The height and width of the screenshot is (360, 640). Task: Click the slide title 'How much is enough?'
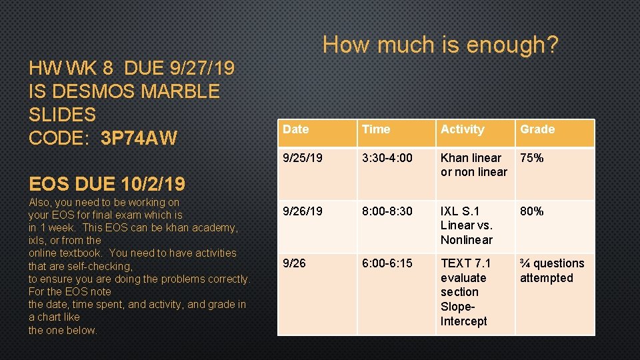point(440,45)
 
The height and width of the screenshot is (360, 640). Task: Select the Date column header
point(295,129)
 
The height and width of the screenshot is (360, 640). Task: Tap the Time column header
point(375,129)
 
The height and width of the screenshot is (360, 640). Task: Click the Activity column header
point(462,129)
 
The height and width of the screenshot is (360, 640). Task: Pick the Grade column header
point(537,129)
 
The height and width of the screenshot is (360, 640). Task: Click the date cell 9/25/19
point(303,158)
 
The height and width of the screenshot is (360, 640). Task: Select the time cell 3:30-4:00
point(387,158)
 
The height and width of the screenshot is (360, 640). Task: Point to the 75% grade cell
point(532,158)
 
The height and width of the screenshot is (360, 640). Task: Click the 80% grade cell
point(532,211)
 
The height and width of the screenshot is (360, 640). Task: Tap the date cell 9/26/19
point(303,211)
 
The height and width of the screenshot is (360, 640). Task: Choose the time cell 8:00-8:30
point(387,211)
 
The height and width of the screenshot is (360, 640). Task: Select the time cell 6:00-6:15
point(387,264)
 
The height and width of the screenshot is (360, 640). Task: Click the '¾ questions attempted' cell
point(551,271)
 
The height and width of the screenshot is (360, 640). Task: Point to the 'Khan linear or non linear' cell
point(473,165)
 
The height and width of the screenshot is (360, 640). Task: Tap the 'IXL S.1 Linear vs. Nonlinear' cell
point(467,225)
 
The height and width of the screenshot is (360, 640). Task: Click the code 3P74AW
point(139,139)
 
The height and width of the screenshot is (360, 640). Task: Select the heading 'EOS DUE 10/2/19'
point(107,183)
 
